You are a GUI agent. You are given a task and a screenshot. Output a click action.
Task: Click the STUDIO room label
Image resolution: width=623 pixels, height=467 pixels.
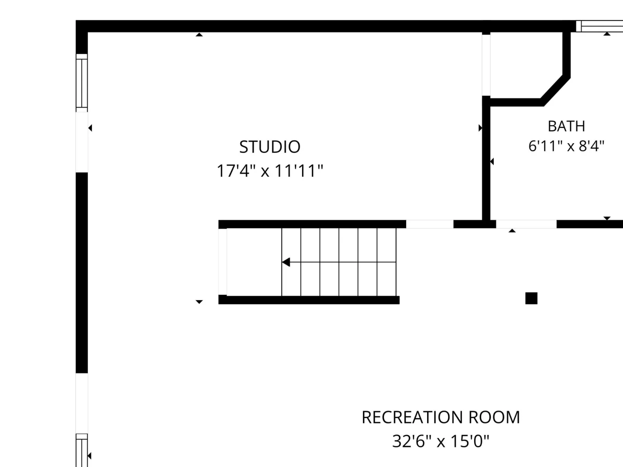269,147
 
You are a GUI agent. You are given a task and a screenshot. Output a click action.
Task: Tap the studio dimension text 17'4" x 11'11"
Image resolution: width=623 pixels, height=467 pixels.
269,171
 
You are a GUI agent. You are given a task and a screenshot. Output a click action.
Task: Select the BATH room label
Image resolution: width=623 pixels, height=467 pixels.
566,126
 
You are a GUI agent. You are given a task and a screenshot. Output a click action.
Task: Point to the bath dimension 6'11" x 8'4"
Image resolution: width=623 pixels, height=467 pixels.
566,146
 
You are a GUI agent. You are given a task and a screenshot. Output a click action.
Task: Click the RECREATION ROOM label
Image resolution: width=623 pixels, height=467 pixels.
441,417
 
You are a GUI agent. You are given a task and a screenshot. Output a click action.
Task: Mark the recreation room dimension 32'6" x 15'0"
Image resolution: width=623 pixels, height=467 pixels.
441,441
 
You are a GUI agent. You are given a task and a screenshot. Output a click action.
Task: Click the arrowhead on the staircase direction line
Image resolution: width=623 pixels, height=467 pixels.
286,262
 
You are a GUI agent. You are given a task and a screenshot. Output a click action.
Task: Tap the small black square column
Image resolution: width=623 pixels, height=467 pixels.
531,298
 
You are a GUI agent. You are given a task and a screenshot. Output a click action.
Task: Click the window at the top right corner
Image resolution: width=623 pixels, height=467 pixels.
599,26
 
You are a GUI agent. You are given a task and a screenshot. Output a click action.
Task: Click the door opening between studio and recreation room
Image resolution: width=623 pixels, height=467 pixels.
430,224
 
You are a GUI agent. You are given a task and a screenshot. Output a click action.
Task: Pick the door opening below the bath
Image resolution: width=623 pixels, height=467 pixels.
526,224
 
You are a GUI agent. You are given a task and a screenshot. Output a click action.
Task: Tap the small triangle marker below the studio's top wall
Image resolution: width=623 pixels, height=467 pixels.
199,35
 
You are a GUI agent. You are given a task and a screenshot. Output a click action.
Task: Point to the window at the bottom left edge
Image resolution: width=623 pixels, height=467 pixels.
82,450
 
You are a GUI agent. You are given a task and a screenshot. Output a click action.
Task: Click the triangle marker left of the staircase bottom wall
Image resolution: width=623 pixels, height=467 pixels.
199,302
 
